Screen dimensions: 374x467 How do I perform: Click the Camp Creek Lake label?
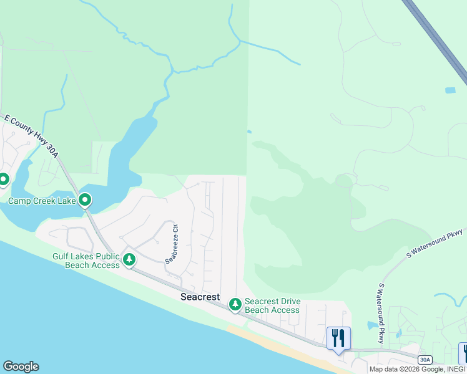coord(41,201)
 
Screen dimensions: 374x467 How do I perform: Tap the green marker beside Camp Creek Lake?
coord(85,201)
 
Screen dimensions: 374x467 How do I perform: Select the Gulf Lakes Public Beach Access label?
coord(87,261)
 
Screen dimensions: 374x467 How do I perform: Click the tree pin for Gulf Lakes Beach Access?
coord(129,259)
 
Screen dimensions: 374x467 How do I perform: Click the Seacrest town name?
coord(200,297)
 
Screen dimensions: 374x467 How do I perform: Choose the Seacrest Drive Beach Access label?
coord(272,305)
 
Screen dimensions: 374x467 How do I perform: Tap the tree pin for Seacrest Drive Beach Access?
coord(235,304)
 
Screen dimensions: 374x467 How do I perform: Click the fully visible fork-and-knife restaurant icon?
coord(338,338)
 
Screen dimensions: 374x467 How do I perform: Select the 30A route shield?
coord(425,359)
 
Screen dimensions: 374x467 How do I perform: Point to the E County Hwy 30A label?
coord(31,136)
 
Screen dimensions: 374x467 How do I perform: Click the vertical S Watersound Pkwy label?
coord(381,313)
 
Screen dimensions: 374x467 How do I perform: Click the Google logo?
coord(21,367)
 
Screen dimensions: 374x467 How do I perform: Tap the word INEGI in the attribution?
coord(454,369)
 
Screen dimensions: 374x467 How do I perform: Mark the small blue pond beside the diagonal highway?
coord(450,90)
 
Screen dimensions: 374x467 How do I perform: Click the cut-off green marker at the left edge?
coord(2,180)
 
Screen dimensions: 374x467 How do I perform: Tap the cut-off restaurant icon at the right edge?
coord(464,353)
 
